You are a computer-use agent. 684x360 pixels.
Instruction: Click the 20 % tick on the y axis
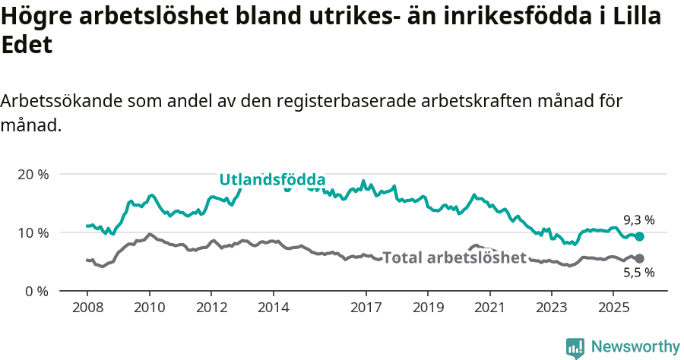33,174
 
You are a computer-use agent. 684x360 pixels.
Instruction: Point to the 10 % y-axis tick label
33,232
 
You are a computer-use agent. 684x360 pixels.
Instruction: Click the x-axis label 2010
149,308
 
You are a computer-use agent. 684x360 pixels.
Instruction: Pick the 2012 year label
211,308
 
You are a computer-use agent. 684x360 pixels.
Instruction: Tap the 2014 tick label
273,308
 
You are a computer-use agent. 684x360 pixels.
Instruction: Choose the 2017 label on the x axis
366,308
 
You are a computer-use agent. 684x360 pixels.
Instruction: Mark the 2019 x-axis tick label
427,308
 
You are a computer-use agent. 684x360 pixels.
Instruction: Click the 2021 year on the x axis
489,308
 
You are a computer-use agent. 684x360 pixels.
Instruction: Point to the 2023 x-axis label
551,308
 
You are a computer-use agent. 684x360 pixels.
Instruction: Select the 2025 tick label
613,308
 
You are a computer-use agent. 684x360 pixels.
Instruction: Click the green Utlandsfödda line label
272,180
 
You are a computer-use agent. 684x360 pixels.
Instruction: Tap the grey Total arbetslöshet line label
454,257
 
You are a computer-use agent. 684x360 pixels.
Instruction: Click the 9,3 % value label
638,220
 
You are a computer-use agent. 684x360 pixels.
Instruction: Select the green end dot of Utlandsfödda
639,237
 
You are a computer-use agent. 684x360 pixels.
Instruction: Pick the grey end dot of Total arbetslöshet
639,259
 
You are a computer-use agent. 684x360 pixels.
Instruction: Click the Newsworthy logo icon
575,347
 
